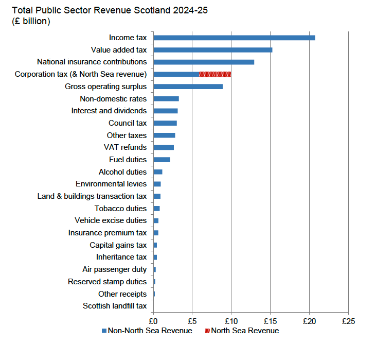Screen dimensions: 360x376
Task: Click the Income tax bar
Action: tap(234, 38)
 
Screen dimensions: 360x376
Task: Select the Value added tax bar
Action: tap(212, 50)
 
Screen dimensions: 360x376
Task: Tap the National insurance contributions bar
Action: tap(204, 62)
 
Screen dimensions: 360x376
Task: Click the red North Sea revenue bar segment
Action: tap(215, 74)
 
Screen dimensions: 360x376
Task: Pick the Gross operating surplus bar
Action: tap(188, 87)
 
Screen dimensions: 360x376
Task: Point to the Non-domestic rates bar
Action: tap(166, 99)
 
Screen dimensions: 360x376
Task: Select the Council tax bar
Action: tap(165, 123)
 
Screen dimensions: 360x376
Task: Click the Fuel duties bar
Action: tap(162, 160)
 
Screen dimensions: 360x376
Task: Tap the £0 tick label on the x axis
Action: tap(153, 320)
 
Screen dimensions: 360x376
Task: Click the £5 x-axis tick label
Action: tap(192, 320)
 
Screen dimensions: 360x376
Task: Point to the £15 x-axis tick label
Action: tap(270, 320)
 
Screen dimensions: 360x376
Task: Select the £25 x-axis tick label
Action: tap(348, 320)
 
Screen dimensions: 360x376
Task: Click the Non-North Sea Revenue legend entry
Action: tap(147, 331)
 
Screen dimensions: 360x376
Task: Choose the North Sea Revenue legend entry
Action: tap(242, 331)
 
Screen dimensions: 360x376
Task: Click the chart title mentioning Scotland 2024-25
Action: tap(110, 10)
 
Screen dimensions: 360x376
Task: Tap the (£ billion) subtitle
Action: tap(31, 21)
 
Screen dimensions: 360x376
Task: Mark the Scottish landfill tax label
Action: tap(115, 306)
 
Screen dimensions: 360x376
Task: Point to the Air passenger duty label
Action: tap(114, 269)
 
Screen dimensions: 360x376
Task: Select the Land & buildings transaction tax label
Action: tap(92, 196)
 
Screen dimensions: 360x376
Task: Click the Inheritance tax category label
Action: tap(121, 257)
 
